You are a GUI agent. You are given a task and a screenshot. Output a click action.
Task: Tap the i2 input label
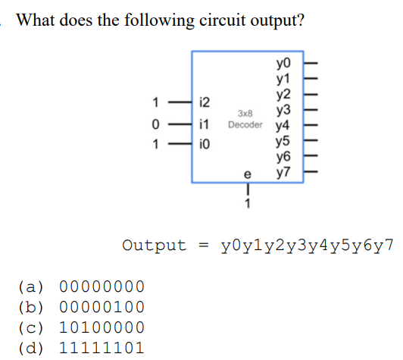point(204,102)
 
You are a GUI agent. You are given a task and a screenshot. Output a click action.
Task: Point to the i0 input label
point(203,142)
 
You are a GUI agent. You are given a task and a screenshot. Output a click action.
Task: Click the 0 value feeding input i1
point(155,122)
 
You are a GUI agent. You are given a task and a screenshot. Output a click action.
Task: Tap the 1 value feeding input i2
point(155,102)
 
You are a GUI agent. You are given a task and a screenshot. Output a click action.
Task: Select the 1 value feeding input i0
point(155,142)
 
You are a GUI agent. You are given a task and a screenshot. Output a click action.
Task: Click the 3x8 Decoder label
point(245,119)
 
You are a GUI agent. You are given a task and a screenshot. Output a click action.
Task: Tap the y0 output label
point(284,61)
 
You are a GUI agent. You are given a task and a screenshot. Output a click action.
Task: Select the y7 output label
point(284,173)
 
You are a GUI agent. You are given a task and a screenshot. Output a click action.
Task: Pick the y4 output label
point(284,125)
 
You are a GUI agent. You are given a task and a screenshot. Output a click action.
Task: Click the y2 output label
point(284,93)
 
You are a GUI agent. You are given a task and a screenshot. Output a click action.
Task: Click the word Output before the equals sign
point(154,246)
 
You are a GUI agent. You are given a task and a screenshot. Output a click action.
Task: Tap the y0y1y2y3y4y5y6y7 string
point(308,246)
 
